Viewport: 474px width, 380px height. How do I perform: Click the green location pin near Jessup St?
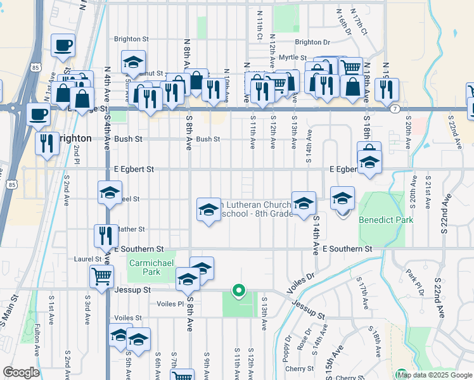239,291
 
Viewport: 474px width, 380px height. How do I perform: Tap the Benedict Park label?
386,220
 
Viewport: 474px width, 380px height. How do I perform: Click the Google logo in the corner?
21,372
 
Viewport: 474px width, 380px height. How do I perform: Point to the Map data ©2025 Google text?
434,375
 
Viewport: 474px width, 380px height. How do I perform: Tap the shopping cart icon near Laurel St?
101,277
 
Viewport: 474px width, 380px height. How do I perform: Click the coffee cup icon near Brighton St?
63,46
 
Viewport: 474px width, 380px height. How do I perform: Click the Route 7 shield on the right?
395,109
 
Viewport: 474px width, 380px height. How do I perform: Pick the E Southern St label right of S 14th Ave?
346,250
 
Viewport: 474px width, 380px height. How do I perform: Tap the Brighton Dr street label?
312,42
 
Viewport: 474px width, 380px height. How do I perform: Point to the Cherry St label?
300,369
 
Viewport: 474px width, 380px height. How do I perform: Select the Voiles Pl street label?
171,303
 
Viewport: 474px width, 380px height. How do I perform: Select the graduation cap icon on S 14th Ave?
304,203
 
